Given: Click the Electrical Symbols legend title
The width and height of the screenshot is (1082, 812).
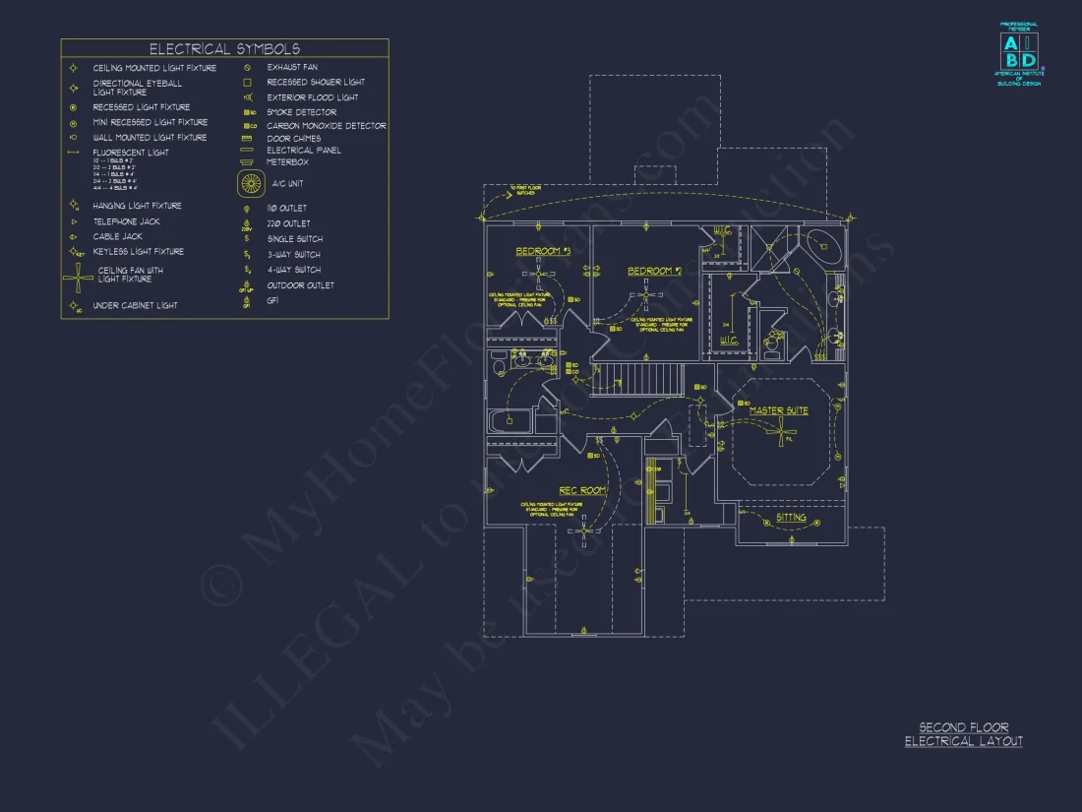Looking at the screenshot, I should (224, 48).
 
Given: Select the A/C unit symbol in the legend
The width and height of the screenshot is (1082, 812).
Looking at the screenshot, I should (252, 183).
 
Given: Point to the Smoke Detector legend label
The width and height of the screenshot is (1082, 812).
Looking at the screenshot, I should (301, 112).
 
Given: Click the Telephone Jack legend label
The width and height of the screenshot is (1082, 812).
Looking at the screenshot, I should (125, 221).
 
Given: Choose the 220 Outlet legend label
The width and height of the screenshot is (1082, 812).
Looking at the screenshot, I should (288, 223).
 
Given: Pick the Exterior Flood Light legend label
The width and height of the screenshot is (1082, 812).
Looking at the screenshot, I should (312, 97).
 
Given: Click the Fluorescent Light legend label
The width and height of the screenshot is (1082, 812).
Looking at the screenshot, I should (130, 153).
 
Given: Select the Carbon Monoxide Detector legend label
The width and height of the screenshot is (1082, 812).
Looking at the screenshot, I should (326, 126).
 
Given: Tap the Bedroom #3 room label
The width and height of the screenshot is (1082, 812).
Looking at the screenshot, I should (543, 252).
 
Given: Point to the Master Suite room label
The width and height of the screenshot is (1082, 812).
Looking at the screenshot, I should (778, 410).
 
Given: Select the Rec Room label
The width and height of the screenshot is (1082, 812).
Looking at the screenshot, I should (582, 490).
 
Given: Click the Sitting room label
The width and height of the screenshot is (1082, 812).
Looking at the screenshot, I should (791, 517).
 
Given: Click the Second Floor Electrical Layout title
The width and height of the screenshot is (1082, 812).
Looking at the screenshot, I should (963, 734).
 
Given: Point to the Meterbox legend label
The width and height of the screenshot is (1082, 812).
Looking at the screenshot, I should (287, 162).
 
